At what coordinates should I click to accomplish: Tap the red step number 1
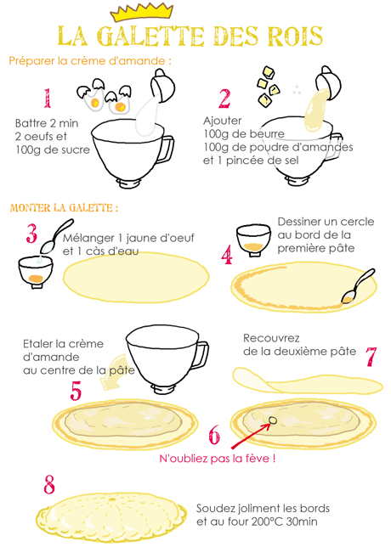tap(48, 98)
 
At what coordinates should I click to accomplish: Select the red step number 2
tap(224, 99)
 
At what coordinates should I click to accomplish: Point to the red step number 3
tap(31, 234)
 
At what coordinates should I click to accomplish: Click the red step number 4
tap(227, 254)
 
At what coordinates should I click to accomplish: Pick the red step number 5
tap(76, 391)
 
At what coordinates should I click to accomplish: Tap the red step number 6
tap(214, 435)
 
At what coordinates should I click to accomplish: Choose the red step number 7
tap(371, 357)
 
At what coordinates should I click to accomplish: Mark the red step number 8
tap(49, 484)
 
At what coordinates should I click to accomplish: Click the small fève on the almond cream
tap(273, 420)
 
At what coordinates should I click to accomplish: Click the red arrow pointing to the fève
tap(250, 436)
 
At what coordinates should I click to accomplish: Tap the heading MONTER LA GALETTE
tap(64, 208)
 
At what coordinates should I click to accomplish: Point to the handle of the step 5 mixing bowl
tap(201, 353)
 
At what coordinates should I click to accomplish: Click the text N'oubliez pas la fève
tap(217, 458)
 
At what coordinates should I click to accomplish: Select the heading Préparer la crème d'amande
tap(90, 61)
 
